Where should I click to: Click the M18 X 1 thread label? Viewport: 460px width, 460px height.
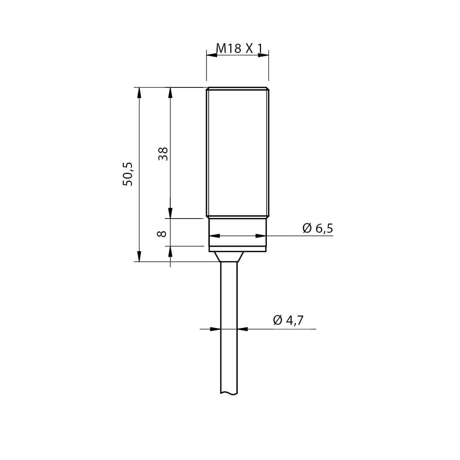(239, 48)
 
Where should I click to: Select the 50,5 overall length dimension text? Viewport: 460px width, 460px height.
(127, 174)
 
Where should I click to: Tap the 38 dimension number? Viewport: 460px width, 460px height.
(163, 154)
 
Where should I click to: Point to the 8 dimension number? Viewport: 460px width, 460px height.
(162, 234)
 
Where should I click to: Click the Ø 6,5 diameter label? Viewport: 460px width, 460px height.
(318, 228)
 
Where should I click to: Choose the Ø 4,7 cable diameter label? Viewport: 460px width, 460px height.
(288, 320)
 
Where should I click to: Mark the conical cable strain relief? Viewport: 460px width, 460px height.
(229, 256)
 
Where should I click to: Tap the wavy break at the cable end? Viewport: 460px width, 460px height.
(229, 393)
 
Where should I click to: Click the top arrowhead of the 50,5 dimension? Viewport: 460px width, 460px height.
(139, 93)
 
